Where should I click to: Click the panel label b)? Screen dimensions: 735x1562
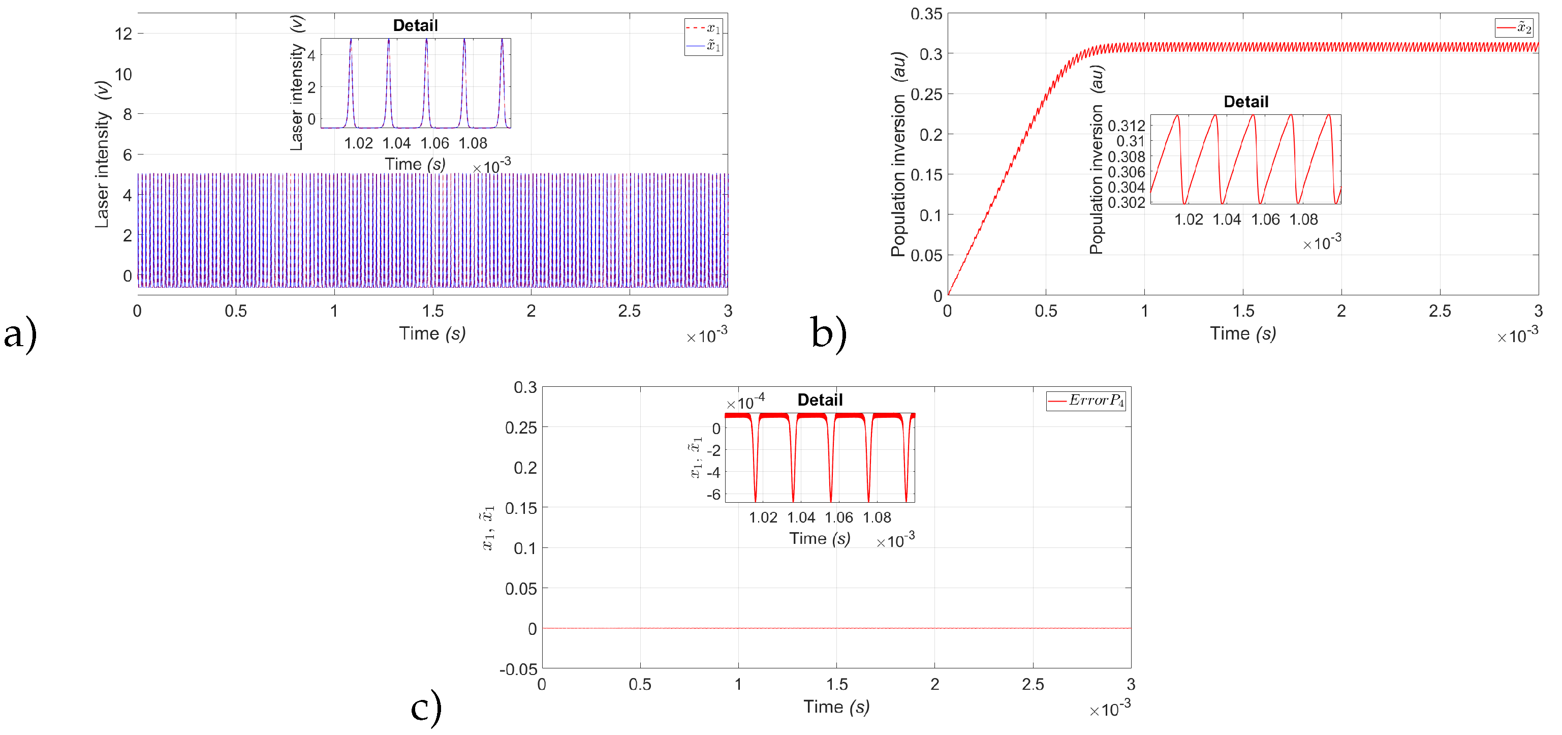pos(828,334)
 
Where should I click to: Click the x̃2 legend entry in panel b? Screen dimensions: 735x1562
pos(1515,28)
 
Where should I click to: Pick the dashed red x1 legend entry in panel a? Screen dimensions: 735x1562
pos(703,28)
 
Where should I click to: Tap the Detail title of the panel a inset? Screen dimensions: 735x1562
pos(415,25)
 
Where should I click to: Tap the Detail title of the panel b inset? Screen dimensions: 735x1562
pos(1245,102)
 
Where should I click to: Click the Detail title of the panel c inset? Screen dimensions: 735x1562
pos(819,400)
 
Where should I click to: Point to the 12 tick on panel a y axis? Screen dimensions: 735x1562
pos(123,34)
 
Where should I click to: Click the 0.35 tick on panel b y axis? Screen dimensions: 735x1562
pos(926,14)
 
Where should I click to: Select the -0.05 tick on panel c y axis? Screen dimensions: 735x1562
pos(518,669)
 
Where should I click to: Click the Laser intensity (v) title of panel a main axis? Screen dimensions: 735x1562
pos(102,155)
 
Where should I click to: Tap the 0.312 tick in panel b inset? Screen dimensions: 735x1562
pos(1126,126)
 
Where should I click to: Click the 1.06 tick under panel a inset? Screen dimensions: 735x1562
pos(435,143)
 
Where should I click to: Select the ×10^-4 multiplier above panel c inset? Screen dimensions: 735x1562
pos(745,402)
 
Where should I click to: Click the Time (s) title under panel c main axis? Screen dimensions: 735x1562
pos(836,707)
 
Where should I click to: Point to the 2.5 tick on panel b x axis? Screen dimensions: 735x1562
pos(1440,311)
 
